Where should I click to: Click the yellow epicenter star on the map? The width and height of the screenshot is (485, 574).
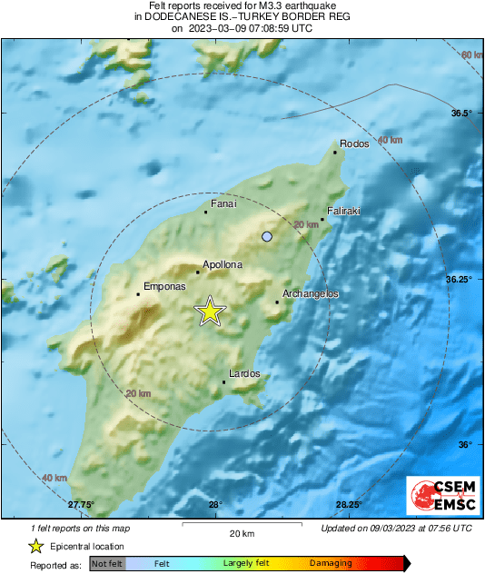210,312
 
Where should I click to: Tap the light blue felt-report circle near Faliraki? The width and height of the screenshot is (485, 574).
267,237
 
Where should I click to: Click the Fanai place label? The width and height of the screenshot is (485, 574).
223,204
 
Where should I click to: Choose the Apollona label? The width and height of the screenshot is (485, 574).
223,264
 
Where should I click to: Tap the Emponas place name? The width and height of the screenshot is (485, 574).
164,286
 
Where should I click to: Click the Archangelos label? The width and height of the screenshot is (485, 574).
311,294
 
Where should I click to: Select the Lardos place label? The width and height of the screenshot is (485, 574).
244,373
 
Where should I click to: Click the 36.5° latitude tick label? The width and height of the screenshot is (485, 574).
462,114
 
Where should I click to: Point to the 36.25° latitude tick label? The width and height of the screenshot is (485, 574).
459,279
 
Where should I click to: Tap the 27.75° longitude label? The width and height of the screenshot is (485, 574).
81,505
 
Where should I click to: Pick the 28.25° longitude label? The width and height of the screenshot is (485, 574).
349,505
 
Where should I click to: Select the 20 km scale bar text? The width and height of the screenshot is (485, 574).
241,533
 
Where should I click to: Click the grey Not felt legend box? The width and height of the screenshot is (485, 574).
106,563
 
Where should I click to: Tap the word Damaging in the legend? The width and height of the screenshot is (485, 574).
331,563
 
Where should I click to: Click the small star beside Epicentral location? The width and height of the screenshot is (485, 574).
35,546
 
